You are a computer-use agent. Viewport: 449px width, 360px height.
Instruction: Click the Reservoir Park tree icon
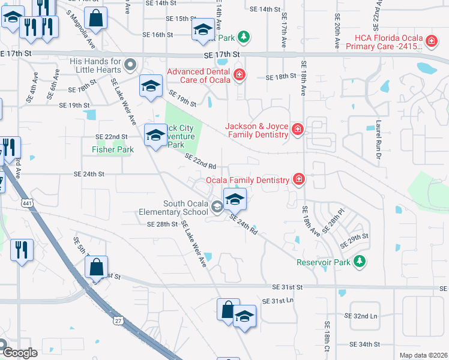pos(359,261)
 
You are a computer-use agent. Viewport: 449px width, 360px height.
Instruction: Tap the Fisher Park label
pos(112,149)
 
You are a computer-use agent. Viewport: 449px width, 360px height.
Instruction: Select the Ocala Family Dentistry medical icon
pos(298,179)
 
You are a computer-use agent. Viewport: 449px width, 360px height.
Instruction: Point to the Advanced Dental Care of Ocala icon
pos(239,75)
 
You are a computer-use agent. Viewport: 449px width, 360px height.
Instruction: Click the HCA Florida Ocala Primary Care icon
pos(430,41)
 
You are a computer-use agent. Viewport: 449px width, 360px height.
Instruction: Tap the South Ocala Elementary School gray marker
pos(217,207)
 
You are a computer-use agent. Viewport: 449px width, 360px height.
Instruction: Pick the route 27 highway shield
pos(116,322)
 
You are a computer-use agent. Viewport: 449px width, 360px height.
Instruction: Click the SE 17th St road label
pos(221,54)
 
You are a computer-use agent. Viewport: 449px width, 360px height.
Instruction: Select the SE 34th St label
pos(366,344)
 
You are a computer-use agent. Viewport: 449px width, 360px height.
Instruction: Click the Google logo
pos(19,353)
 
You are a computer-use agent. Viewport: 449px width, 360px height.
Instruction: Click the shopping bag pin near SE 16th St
pos(95,19)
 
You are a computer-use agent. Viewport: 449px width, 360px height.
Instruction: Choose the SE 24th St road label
pos(89,174)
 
